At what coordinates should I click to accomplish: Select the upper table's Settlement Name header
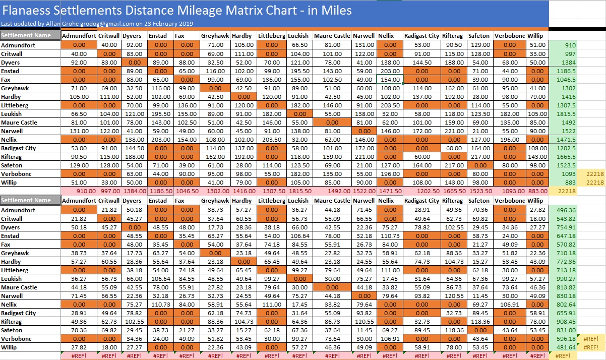point(26,36)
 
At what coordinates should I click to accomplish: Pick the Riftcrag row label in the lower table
point(12,322)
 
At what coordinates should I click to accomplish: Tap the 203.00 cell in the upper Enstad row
point(390,71)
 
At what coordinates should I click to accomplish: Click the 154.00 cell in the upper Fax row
point(390,80)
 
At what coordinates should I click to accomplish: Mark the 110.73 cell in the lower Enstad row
point(390,235)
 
